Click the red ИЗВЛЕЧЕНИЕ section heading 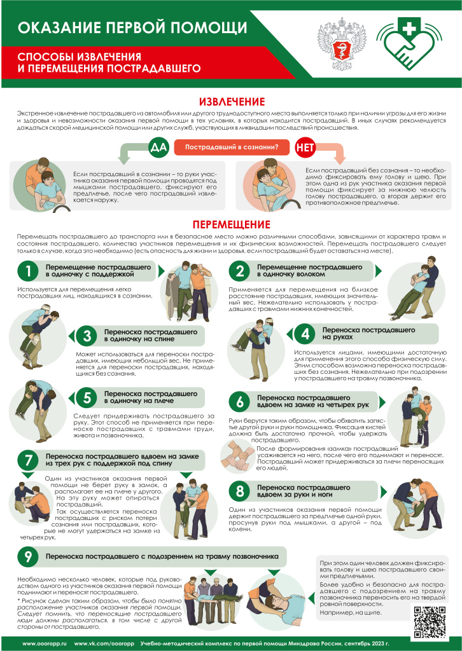231,102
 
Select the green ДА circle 157,148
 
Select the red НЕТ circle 304,148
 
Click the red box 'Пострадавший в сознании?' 231,148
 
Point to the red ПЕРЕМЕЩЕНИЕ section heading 231,224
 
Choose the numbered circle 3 88,335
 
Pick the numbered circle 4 305,334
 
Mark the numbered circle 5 88,398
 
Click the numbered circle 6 241,401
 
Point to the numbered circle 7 29,460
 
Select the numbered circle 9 29,556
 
